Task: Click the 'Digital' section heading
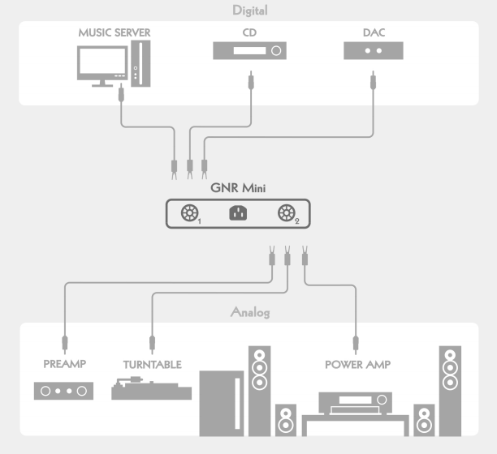249,11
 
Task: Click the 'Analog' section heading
249,312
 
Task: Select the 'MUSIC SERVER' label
115,33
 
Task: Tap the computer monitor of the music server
102,63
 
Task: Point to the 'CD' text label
250,33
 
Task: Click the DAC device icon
374,51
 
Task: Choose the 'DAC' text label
374,33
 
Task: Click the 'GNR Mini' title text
249,187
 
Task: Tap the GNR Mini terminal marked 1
189,214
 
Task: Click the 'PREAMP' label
64,365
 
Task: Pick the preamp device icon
64,392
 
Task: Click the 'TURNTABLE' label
152,365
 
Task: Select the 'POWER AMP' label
357,365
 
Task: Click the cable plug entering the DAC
374,80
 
